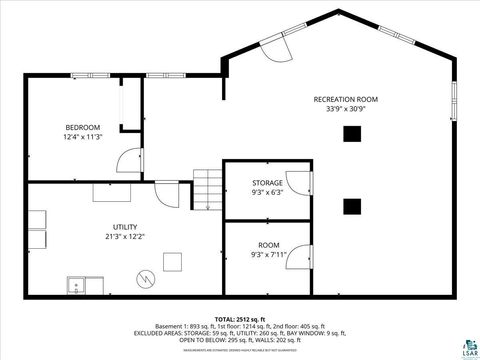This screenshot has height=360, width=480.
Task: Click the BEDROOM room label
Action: tap(82, 127)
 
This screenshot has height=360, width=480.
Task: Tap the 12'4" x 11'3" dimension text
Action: tap(82, 137)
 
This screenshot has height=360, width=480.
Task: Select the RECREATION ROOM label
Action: tap(345, 99)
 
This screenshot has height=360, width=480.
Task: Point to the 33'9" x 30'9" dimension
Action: tap(345, 109)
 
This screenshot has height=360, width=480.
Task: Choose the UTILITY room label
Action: tap(124, 227)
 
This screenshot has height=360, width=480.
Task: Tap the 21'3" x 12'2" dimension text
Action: tap(124, 237)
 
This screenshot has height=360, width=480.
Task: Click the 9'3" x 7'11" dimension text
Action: tap(268, 255)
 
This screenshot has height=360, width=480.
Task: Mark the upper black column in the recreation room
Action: tap(352, 133)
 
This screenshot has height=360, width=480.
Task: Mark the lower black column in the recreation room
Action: tap(352, 206)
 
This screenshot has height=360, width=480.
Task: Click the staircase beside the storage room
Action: tap(206, 186)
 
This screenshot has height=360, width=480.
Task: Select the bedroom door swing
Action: tap(128, 159)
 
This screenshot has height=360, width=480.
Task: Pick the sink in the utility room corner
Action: tap(78, 286)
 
